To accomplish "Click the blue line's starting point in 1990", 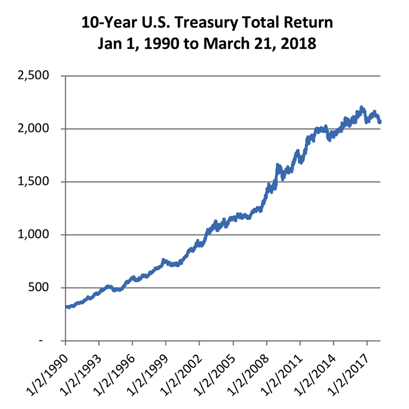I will (x=66, y=307).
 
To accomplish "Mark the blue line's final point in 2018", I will (x=380, y=122).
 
